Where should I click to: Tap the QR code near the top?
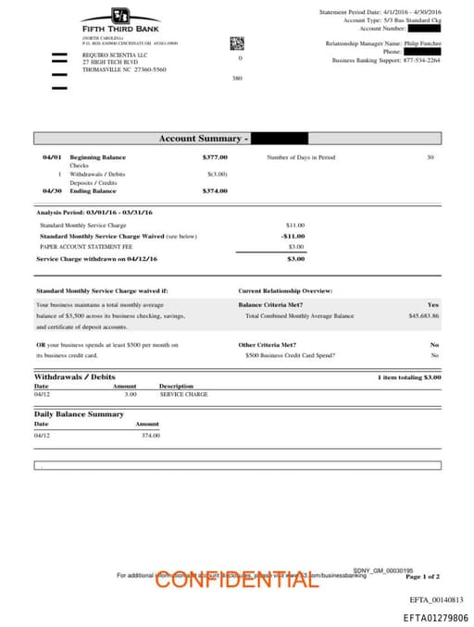pos(236,43)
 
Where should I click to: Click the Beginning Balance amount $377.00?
pos(215,157)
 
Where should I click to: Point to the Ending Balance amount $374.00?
pos(215,191)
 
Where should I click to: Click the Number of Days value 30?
pos(430,157)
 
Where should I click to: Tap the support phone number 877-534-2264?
pos(422,60)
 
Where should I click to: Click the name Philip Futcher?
pos(421,43)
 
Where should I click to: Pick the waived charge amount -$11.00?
pos(293,236)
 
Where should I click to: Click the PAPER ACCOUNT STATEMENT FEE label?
pos(86,247)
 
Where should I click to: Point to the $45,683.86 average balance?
pos(423,315)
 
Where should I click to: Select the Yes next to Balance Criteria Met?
pos(433,304)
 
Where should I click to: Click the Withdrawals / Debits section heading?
pos(74,377)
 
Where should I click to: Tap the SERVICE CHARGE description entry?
pos(183,394)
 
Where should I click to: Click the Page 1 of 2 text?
pos(422,576)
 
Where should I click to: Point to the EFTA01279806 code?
pos(435,618)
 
